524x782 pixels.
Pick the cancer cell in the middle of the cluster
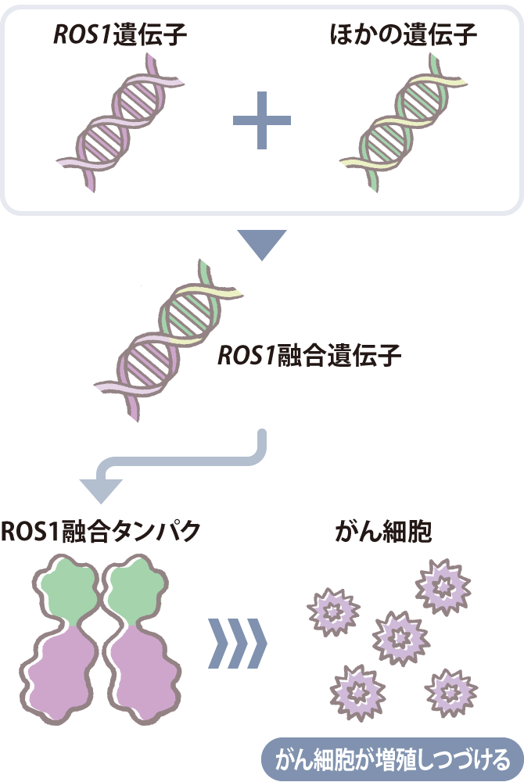[x=400, y=637]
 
